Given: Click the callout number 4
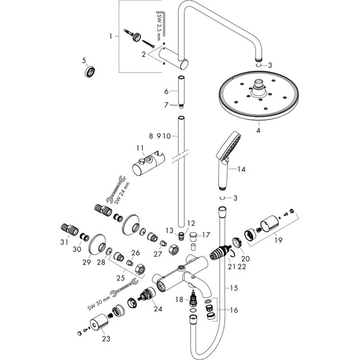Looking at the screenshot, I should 258,129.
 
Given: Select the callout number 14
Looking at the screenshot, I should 241,170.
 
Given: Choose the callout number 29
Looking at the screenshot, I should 86,262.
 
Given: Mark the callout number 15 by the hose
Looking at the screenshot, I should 233,289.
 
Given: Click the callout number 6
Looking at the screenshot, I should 167,91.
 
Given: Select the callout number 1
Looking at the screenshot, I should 110,37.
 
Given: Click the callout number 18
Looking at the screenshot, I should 179,298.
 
